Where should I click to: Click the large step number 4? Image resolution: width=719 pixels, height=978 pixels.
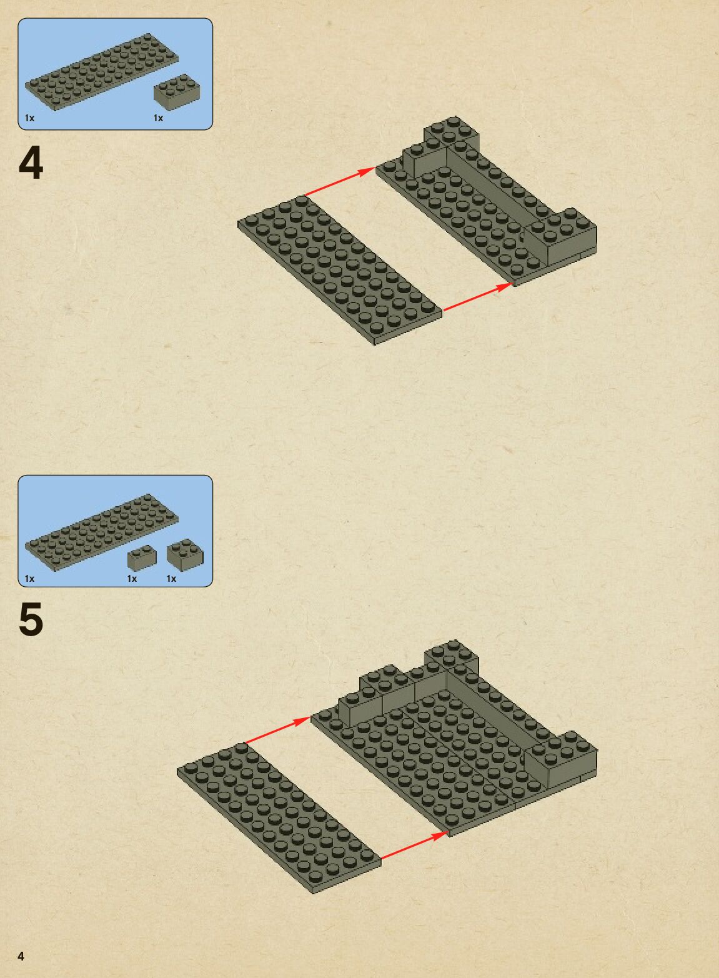tap(31, 162)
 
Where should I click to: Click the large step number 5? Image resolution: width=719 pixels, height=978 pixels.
tap(31, 619)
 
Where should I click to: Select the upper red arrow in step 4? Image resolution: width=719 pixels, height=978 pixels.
tap(340, 181)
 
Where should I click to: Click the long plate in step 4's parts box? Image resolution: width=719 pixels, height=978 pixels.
tap(102, 72)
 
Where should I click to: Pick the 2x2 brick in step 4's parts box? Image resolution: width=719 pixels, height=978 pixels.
tap(177, 92)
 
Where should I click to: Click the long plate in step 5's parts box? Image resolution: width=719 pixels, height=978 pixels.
tap(102, 532)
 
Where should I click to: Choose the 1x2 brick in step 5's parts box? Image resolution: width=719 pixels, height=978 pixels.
tap(142, 557)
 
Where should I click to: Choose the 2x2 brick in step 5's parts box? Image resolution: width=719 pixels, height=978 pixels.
tap(185, 554)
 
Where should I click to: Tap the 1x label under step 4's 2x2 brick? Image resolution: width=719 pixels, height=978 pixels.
tap(158, 118)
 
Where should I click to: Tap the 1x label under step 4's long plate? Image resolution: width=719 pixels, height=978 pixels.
tap(30, 118)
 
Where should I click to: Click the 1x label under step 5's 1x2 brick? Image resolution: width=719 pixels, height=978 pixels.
tap(132, 579)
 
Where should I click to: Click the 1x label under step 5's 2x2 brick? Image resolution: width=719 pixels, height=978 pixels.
tap(172, 579)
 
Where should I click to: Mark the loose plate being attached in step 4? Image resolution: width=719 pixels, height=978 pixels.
tap(340, 270)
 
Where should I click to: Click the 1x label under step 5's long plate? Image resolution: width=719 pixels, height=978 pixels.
tap(30, 579)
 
